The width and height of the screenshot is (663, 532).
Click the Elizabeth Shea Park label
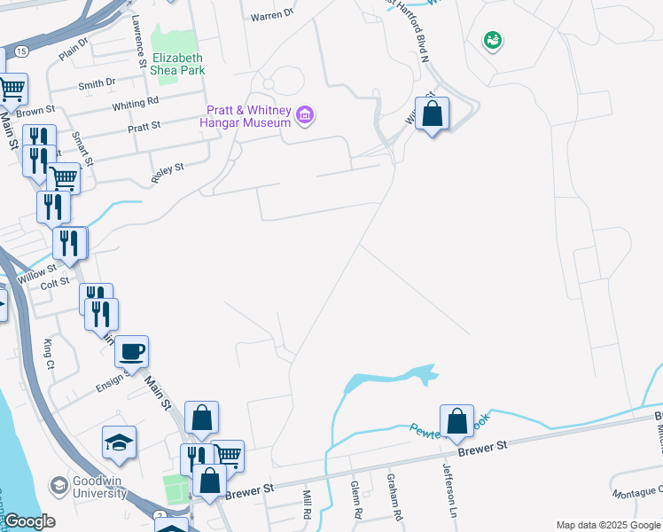pyautogui.click(x=177, y=63)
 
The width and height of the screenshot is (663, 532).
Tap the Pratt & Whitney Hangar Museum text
pyautogui.click(x=249, y=116)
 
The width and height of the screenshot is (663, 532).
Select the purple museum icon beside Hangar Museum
pyautogui.click(x=306, y=114)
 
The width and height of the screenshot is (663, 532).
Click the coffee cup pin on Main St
pyautogui.click(x=132, y=352)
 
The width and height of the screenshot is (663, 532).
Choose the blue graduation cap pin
pyautogui.click(x=119, y=442)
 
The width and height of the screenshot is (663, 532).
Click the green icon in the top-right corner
pyautogui.click(x=492, y=40)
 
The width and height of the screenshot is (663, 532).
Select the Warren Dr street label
pyautogui.click(x=271, y=16)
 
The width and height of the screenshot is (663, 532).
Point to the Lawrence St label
pyautogui.click(x=138, y=41)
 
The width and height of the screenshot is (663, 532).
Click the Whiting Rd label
pyautogui.click(x=135, y=105)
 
